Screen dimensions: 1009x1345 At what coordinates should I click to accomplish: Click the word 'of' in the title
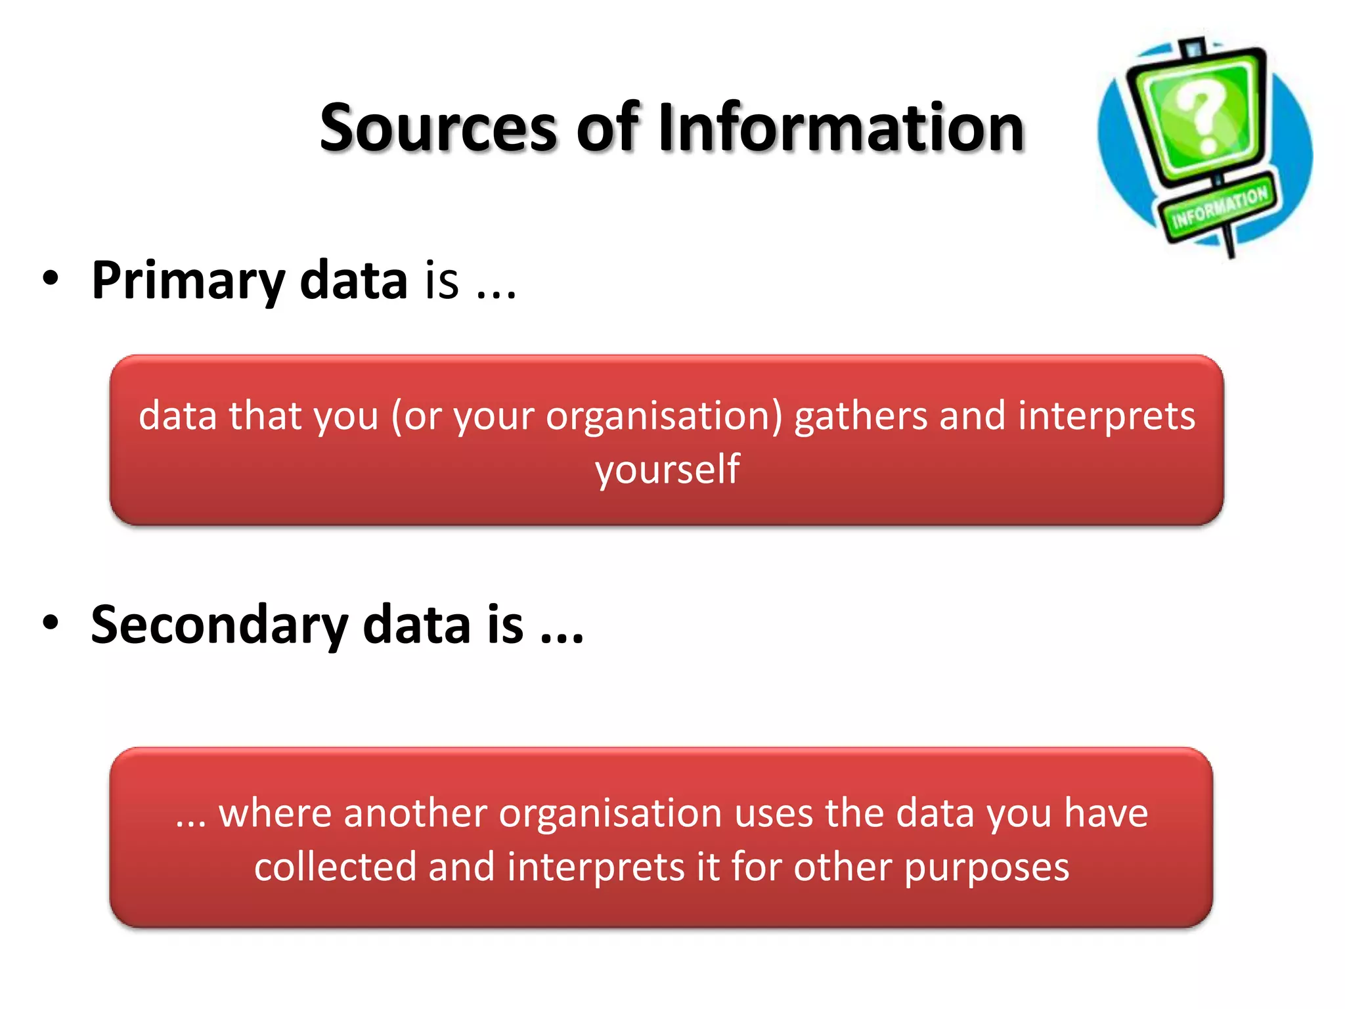[607, 128]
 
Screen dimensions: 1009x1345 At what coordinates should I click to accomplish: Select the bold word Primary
[188, 281]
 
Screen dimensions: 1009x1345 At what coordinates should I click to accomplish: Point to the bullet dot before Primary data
[51, 280]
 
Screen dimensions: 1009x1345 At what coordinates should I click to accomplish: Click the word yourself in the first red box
[667, 470]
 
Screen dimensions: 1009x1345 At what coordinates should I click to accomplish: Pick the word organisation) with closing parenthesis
[665, 416]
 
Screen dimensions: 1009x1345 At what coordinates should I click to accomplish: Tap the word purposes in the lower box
[986, 867]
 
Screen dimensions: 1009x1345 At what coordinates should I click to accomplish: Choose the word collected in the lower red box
[335, 867]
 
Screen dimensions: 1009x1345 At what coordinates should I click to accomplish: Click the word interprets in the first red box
[1107, 416]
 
